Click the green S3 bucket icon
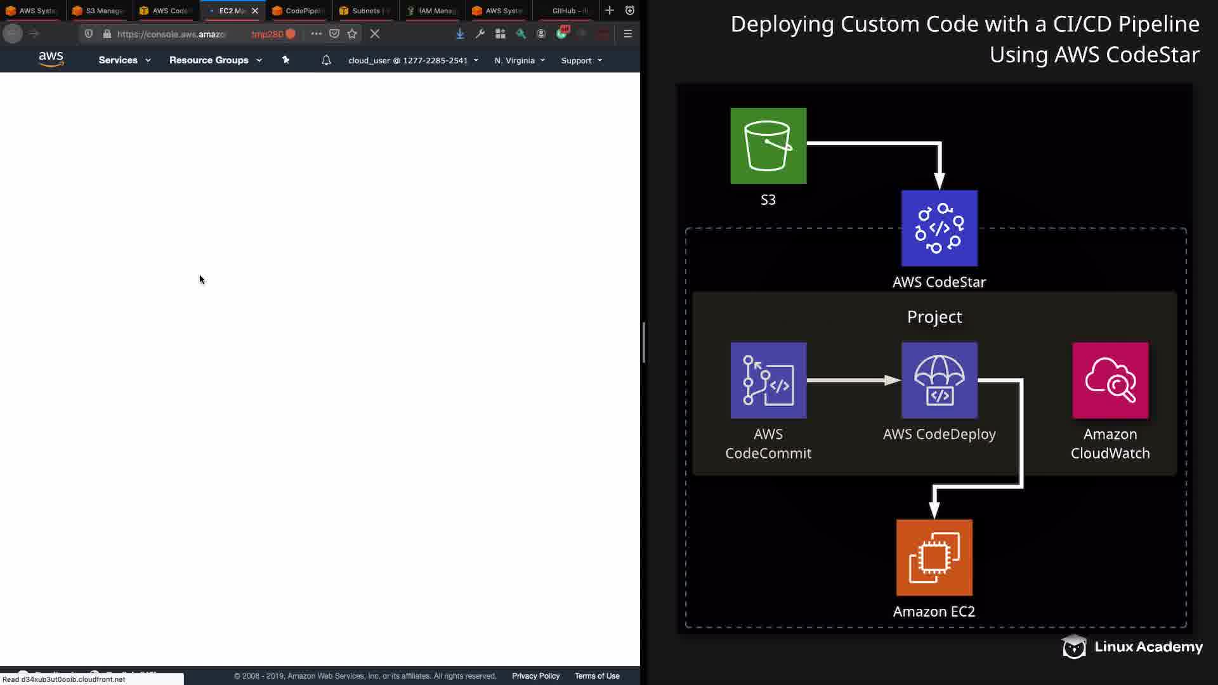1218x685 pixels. point(768,146)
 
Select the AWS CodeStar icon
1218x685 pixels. point(939,228)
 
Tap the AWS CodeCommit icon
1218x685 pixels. point(768,381)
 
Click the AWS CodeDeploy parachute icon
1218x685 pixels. point(939,381)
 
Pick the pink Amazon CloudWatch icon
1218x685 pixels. point(1110,381)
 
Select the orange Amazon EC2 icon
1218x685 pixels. point(934,558)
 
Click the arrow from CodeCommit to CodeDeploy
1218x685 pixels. point(853,381)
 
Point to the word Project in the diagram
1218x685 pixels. point(934,316)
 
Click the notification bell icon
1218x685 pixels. point(326,60)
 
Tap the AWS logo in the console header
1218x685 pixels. point(51,59)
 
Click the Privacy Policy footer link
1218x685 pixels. point(535,676)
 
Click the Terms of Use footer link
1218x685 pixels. point(597,676)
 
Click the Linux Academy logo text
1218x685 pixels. point(1148,647)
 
